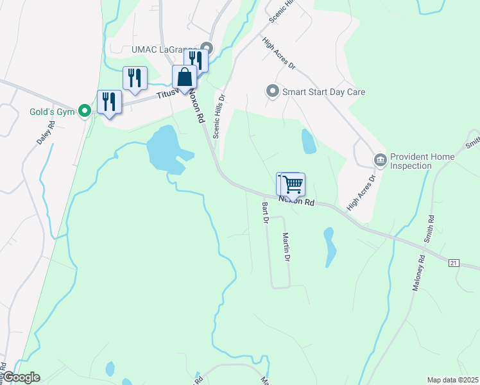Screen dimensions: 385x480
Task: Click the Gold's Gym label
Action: (x=51, y=111)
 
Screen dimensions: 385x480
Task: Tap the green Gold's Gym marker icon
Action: (x=84, y=112)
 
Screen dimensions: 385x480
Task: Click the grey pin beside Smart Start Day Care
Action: (x=272, y=91)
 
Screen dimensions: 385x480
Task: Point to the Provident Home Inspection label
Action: (x=422, y=161)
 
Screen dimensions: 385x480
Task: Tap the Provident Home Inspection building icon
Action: (x=380, y=159)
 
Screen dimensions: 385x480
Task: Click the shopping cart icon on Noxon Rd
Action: (x=293, y=184)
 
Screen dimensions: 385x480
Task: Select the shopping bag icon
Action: (x=184, y=77)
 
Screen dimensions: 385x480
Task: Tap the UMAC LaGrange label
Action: (x=164, y=49)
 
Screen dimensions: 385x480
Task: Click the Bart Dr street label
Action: (x=264, y=212)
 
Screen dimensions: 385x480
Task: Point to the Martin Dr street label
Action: (x=286, y=246)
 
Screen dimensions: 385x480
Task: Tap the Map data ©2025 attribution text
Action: (x=452, y=379)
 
